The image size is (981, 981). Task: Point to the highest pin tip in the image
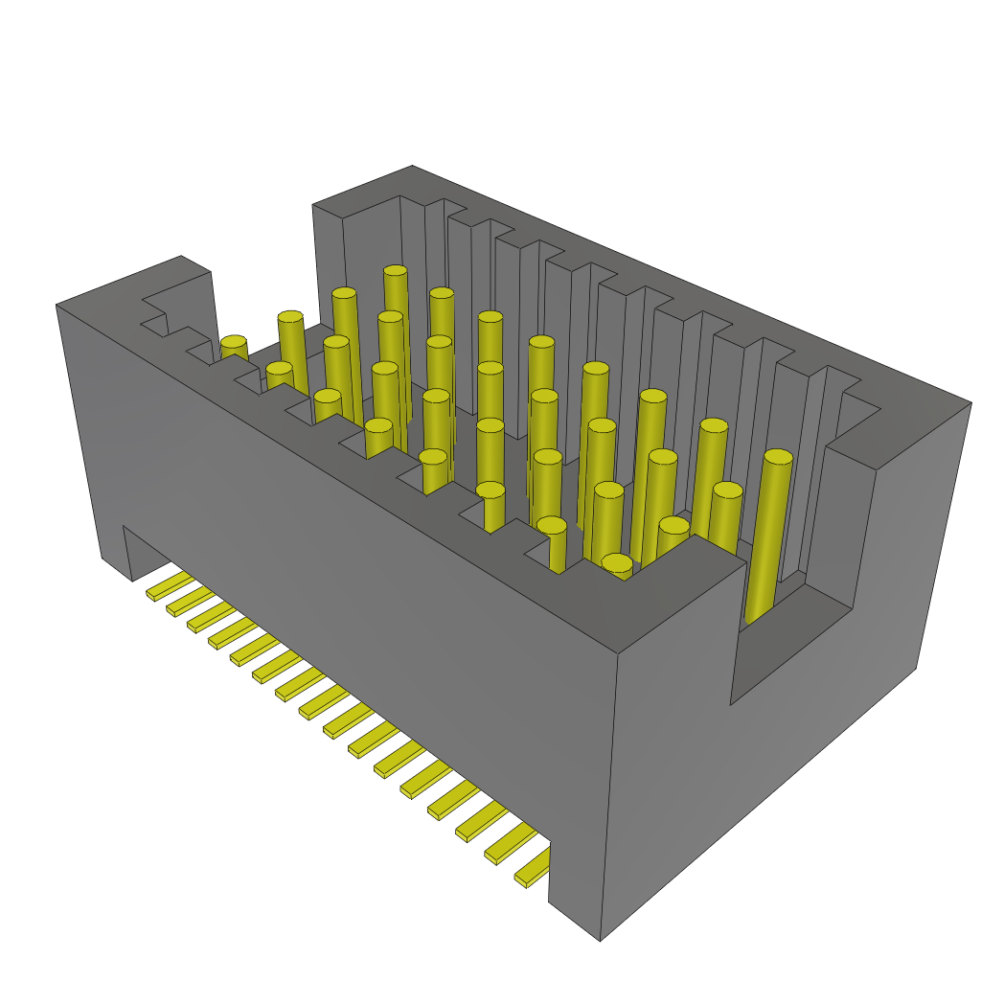click(x=396, y=272)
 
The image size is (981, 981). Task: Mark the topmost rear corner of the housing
click(x=412, y=167)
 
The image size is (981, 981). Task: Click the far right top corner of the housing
click(x=970, y=403)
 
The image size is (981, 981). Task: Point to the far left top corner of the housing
click(x=57, y=306)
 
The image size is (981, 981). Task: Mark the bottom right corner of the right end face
click(x=917, y=667)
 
